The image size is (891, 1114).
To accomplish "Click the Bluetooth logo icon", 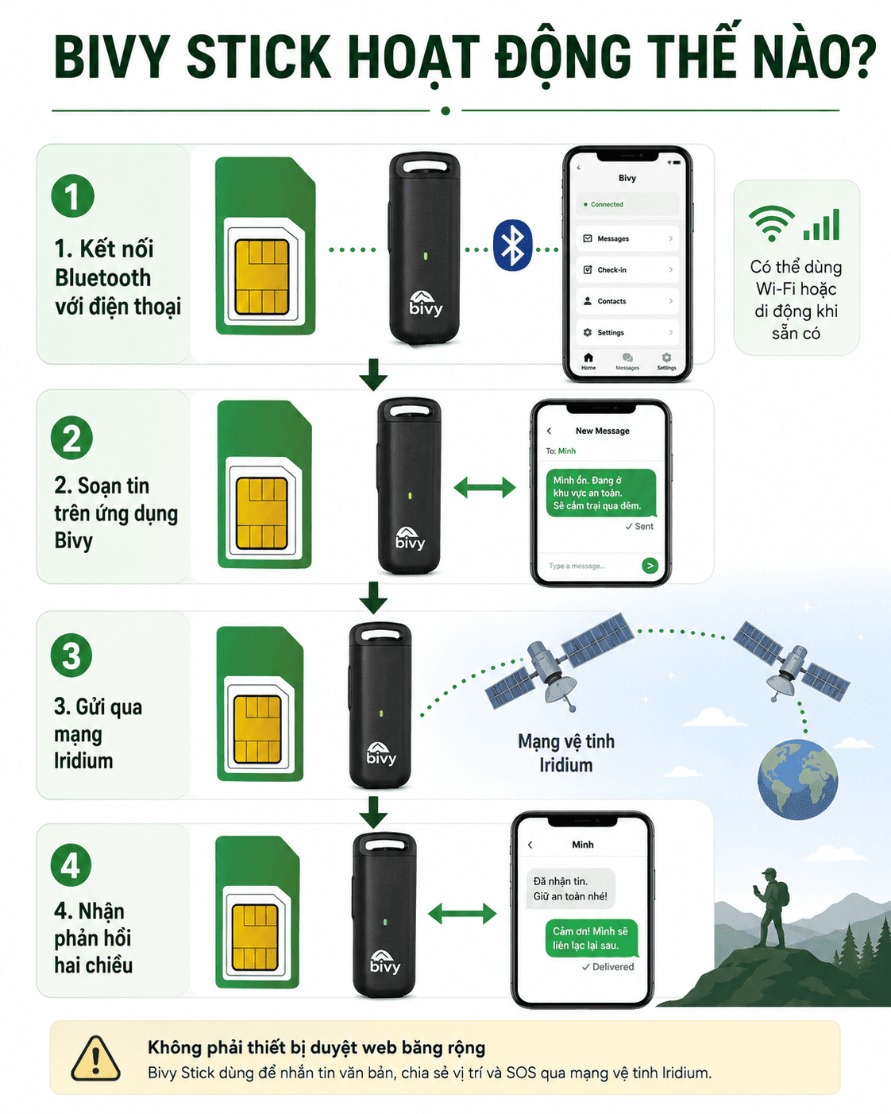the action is tap(512, 246).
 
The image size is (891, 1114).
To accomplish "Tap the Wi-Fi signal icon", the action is tap(771, 223).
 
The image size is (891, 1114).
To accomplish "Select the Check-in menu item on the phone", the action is tap(627, 269).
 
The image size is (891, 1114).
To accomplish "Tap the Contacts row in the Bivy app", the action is tap(627, 301).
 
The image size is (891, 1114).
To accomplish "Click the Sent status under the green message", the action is tap(639, 527).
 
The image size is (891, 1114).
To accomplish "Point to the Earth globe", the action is tap(797, 779).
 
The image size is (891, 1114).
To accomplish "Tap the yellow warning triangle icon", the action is tap(96, 1059).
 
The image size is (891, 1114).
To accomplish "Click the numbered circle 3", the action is tap(71, 655).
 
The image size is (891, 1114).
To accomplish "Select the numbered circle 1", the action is tap(72, 195).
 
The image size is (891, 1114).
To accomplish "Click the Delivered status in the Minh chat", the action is tap(607, 966).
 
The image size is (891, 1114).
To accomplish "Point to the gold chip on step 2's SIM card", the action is tap(262, 513).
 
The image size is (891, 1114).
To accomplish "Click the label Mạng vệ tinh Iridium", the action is tap(566, 752).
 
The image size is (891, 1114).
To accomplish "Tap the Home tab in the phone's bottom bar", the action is tap(588, 362).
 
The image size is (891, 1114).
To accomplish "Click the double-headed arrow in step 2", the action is tap(484, 487).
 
